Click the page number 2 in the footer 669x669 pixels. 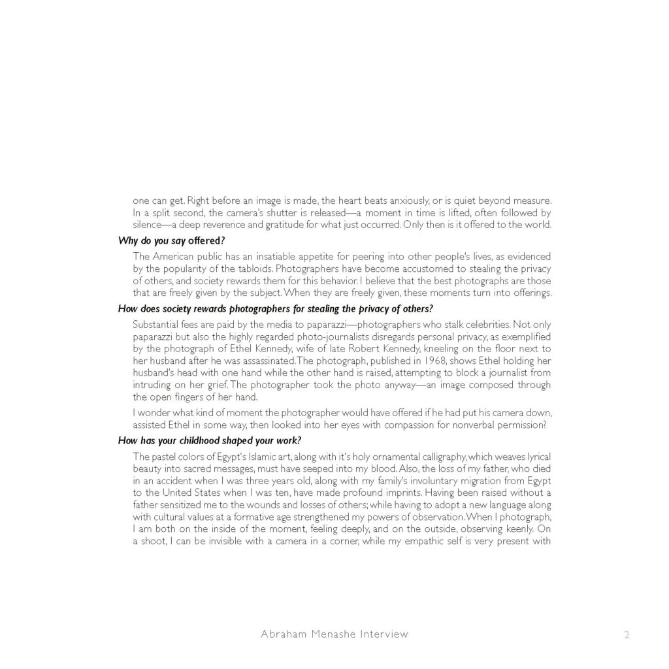tap(627, 634)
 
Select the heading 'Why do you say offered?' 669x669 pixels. tap(171, 240)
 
